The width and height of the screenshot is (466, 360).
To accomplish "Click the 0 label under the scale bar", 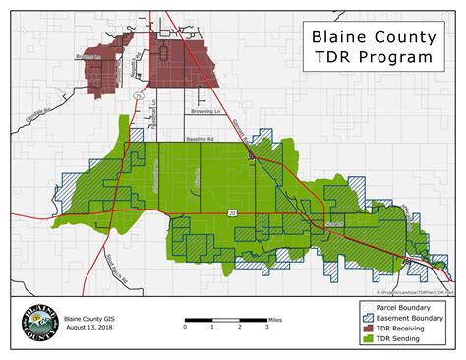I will pyautogui.click(x=186, y=329).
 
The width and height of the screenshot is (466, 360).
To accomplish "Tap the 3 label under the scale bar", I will pyautogui.click(x=266, y=329).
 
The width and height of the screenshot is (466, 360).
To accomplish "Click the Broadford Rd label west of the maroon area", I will pyautogui.click(x=89, y=59).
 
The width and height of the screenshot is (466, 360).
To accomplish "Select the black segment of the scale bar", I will pyautogui.click(x=199, y=322).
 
